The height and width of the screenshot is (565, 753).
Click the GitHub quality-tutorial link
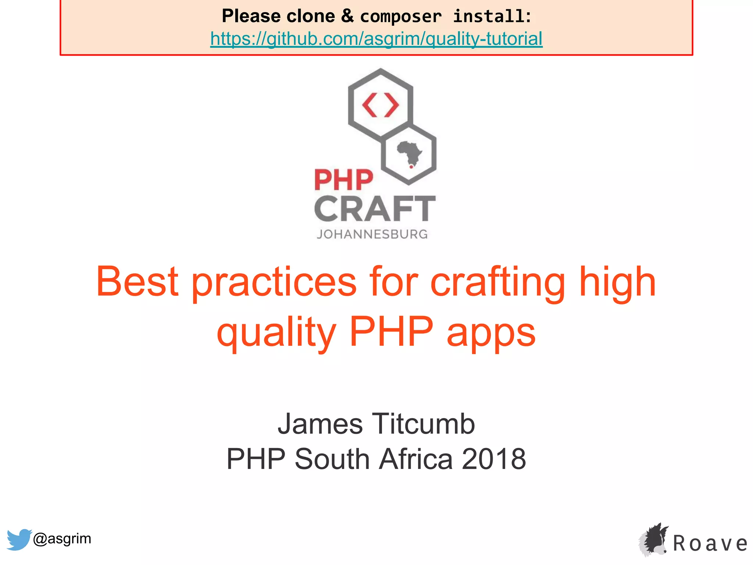tap(376, 39)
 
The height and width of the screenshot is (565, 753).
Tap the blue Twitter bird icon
tap(19, 539)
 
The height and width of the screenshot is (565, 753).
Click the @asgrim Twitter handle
tap(62, 539)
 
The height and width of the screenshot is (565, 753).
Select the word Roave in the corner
tap(710, 543)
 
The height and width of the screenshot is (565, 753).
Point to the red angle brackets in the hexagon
tap(381, 106)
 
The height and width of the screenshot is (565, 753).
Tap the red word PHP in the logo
tap(343, 180)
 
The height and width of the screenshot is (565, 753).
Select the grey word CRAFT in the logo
tap(375, 209)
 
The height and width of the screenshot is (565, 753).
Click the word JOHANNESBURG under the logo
tap(372, 234)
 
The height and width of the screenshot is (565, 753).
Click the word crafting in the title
tap(497, 282)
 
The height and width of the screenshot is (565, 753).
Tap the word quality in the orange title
tap(276, 332)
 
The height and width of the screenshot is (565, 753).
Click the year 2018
tap(494, 459)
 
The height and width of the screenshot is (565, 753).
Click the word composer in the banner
tap(401, 17)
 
